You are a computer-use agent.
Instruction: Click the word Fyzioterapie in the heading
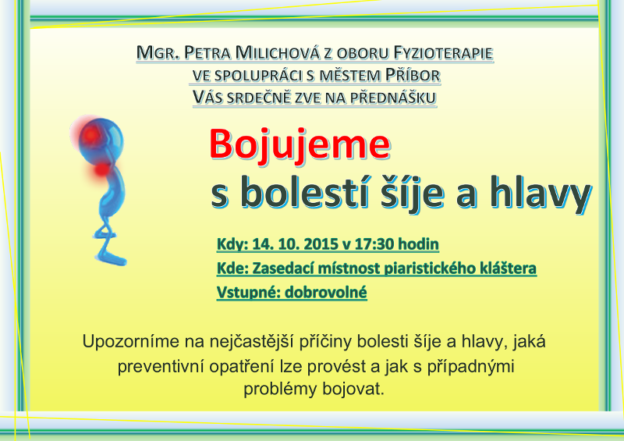443,53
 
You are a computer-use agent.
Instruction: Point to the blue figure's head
102,140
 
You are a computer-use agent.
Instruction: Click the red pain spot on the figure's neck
103,169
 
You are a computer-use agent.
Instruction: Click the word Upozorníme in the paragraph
131,342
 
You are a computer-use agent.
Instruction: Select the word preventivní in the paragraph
161,367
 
